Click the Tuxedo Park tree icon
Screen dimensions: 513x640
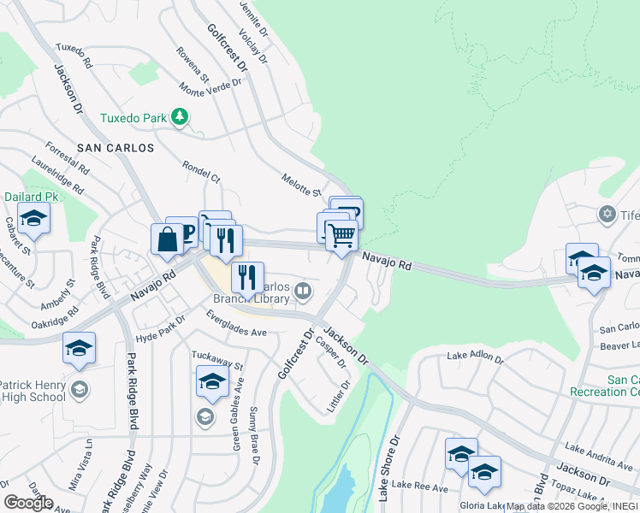180,116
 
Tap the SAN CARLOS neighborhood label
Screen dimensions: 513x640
116,148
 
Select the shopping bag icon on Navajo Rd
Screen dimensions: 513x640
167,240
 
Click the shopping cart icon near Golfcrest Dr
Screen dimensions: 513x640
341,234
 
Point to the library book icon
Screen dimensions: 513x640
302,293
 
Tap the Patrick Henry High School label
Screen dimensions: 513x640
33,391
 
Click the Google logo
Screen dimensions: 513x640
28,503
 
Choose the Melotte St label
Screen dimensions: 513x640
300,184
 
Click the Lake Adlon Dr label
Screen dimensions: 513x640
477,358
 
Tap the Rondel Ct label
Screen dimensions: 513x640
201,172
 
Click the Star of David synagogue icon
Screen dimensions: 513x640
607,214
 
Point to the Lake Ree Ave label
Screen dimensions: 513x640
422,488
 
